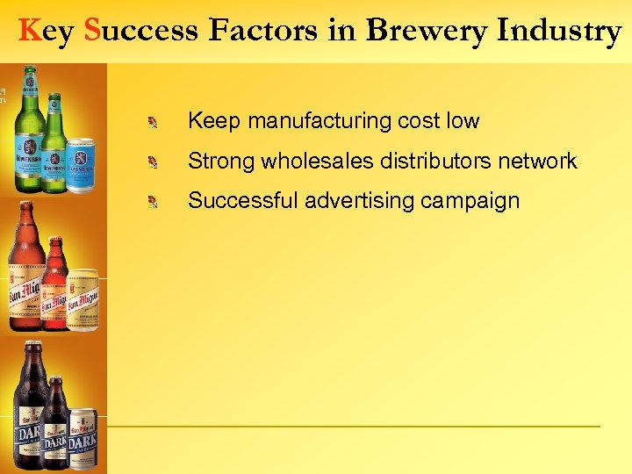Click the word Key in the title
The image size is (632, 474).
click(45, 32)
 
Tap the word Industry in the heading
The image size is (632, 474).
click(559, 32)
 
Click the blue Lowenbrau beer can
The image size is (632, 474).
click(81, 164)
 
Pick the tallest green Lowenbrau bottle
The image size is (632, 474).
click(28, 132)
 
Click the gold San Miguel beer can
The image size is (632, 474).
click(83, 300)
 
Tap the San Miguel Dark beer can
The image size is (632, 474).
click(83, 439)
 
